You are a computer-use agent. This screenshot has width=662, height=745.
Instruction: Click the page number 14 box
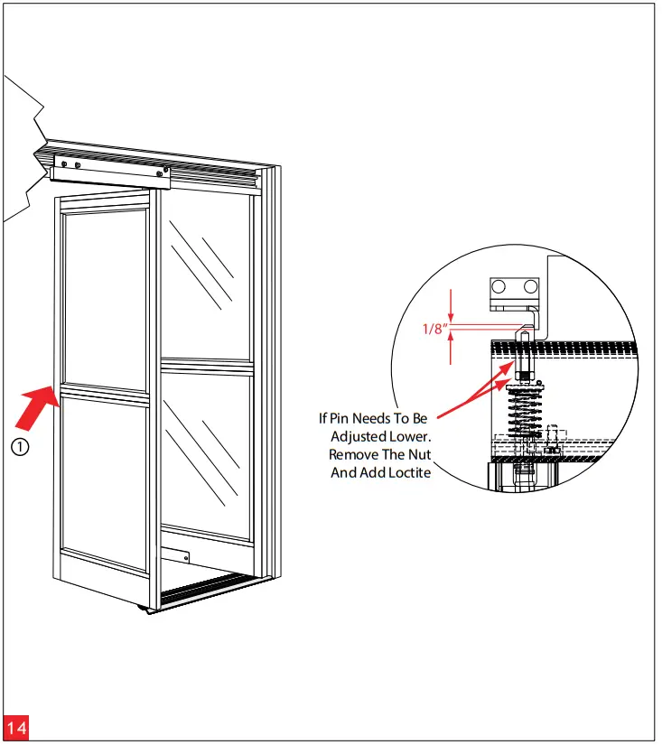pyautogui.click(x=16, y=728)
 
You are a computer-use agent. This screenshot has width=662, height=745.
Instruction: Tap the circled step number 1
pyautogui.click(x=21, y=446)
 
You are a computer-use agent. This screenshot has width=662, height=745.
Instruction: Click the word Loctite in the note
pyautogui.click(x=406, y=472)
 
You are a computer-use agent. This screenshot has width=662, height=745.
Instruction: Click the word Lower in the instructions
pyautogui.click(x=407, y=436)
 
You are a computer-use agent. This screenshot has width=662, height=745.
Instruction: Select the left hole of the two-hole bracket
pyautogui.click(x=499, y=288)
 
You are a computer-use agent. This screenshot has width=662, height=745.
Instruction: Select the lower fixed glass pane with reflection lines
pyautogui.click(x=206, y=452)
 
